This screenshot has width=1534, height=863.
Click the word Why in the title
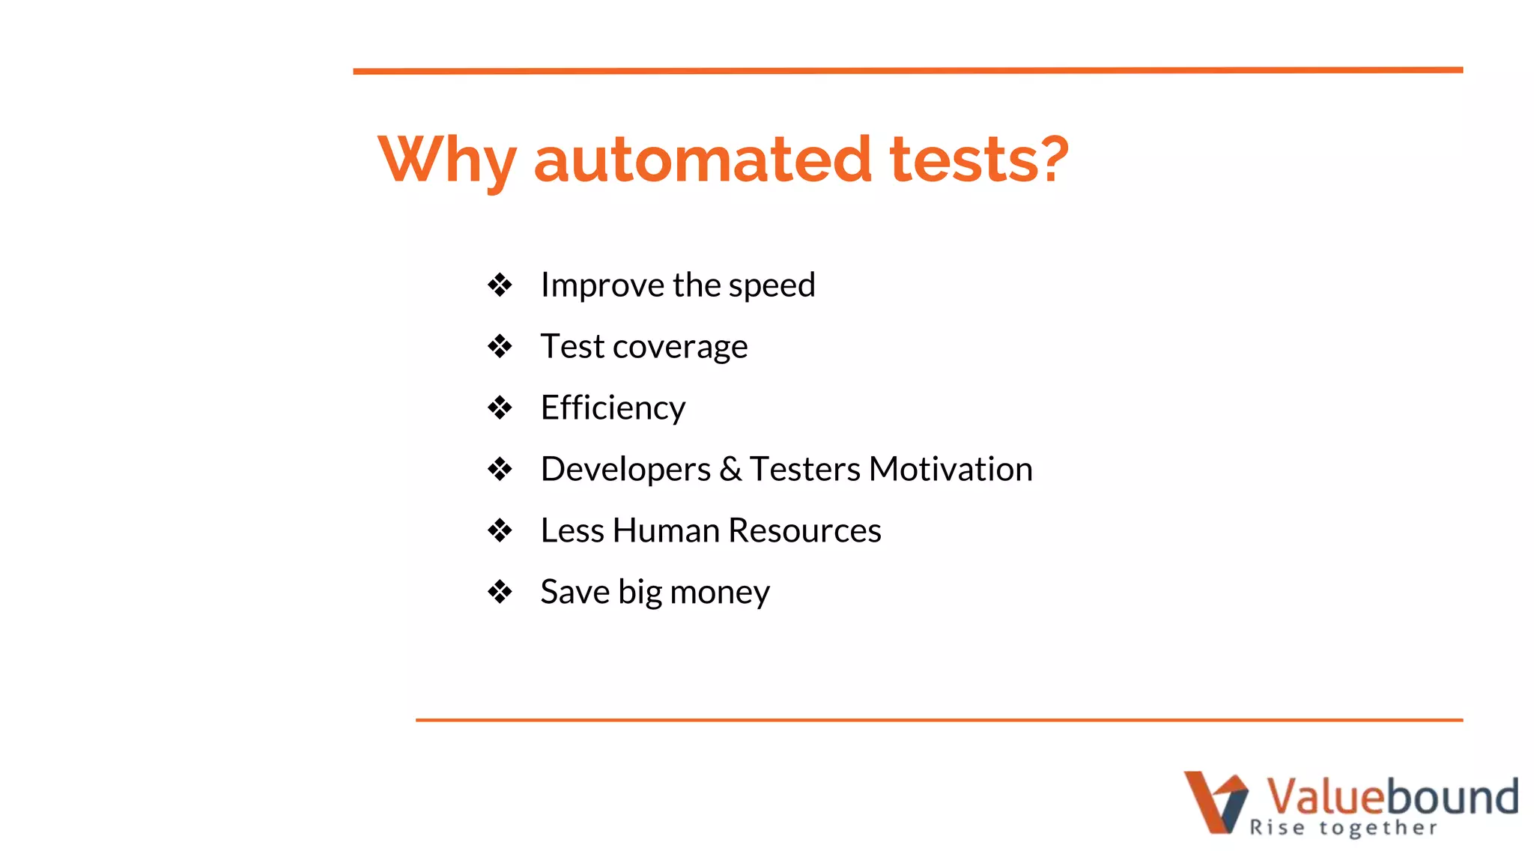[x=447, y=160]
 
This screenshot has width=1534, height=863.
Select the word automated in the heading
[x=703, y=160]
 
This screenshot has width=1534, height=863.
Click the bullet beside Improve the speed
[x=500, y=285]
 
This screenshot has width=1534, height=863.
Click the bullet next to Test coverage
[x=500, y=346]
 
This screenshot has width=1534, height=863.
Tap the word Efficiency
[x=613, y=408]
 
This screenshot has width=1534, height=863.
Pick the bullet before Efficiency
[x=500, y=408]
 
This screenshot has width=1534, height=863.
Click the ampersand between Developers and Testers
[x=730, y=470]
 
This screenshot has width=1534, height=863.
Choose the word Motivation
[x=951, y=470]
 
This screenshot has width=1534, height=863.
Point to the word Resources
[x=804, y=530]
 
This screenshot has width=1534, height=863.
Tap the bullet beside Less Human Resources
[x=500, y=531]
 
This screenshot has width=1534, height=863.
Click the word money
[x=719, y=593]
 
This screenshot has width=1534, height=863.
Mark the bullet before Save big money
[x=500, y=592]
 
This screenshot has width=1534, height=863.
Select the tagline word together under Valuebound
[x=1378, y=828]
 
